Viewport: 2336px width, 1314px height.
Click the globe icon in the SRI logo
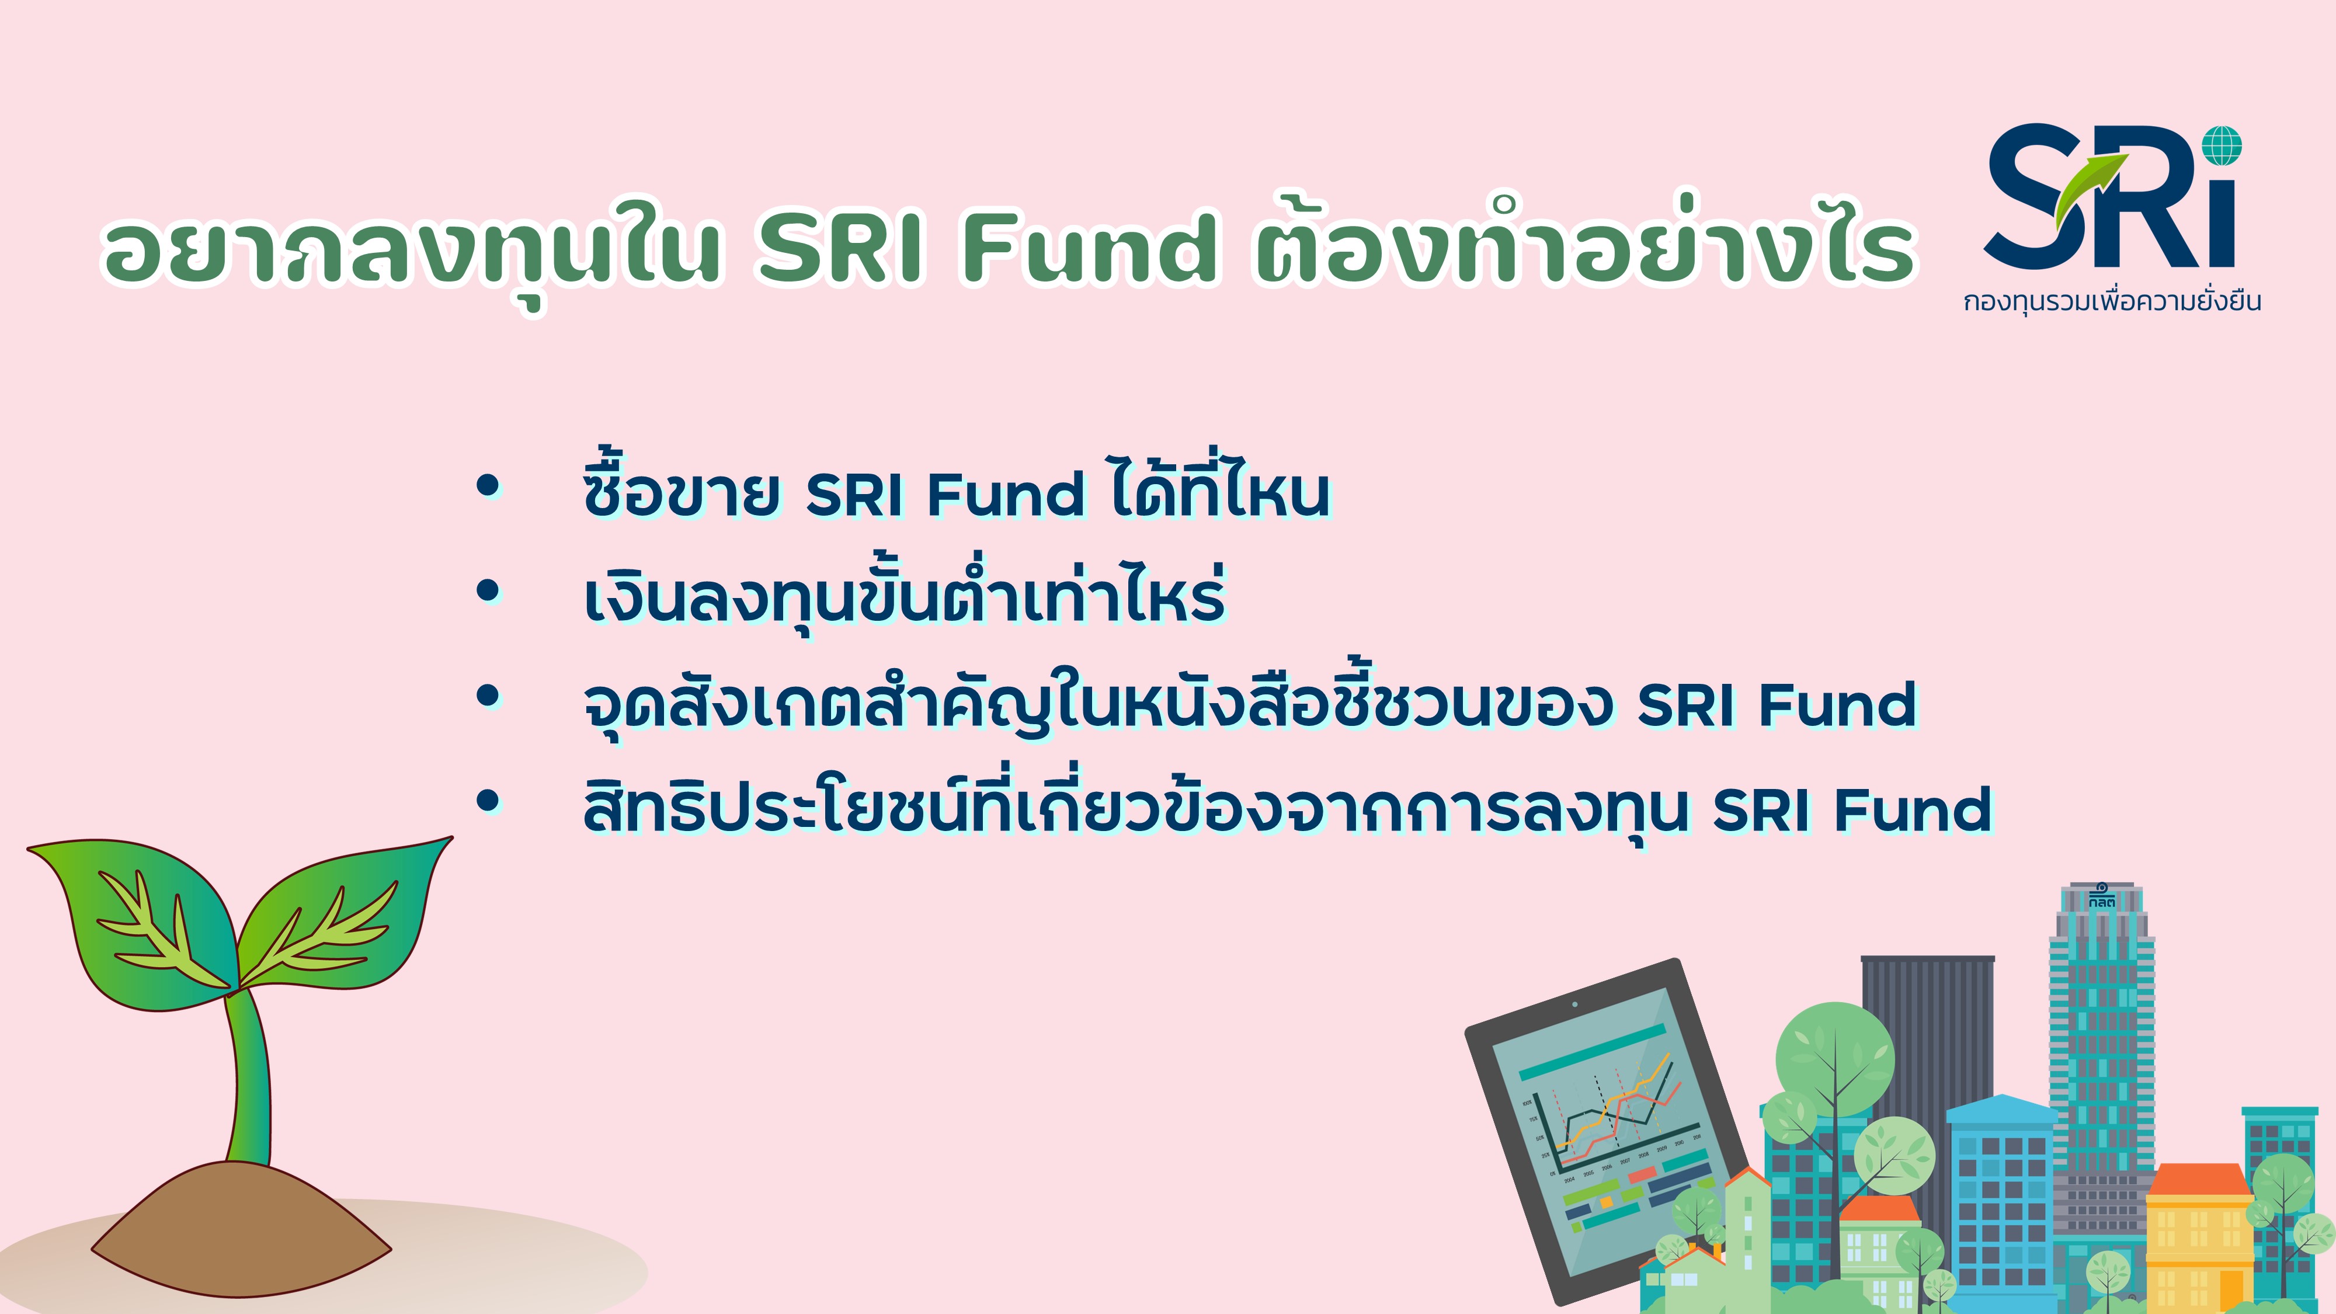pyautogui.click(x=2222, y=146)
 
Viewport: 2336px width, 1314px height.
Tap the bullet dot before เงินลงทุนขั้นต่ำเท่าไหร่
pyautogui.click(x=488, y=590)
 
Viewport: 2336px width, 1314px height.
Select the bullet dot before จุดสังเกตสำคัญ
pyautogui.click(x=488, y=696)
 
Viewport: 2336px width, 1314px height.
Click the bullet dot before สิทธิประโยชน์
pyautogui.click(x=488, y=801)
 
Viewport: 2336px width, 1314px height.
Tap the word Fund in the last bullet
pyautogui.click(x=1913, y=810)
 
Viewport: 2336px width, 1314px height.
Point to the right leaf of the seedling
pyautogui.click(x=345, y=916)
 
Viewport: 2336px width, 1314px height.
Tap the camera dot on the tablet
pyautogui.click(x=1575, y=1004)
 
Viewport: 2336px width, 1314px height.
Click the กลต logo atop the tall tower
pyautogui.click(x=2101, y=898)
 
